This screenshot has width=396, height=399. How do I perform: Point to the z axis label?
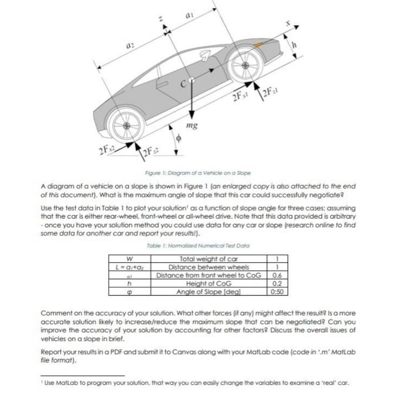pyautogui.click(x=161, y=18)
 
